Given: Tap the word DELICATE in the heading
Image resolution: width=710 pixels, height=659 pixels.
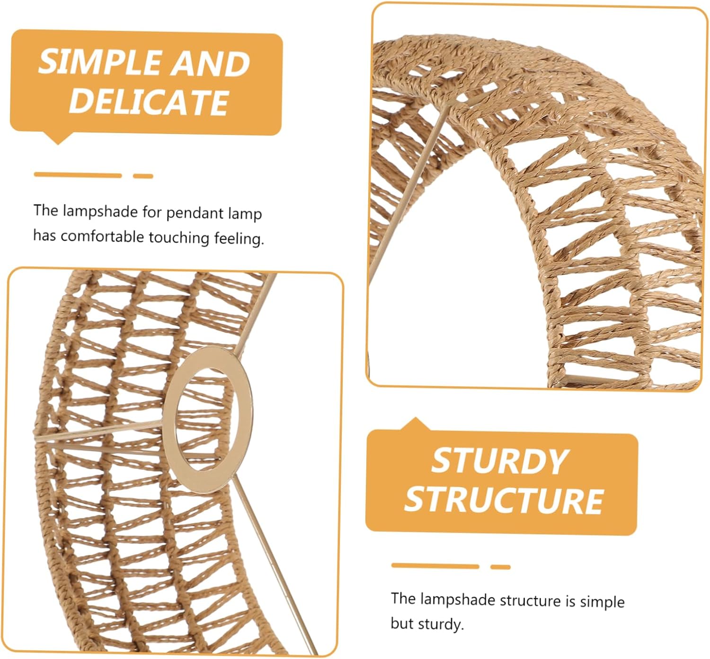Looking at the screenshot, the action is pyautogui.click(x=149, y=101).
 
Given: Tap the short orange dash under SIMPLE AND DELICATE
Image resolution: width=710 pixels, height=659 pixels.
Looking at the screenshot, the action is pyautogui.click(x=143, y=176).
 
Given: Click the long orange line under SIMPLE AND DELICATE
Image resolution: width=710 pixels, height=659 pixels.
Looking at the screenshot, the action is pyautogui.click(x=78, y=175).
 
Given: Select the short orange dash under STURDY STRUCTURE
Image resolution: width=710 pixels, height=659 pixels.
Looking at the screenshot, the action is pyautogui.click(x=500, y=567).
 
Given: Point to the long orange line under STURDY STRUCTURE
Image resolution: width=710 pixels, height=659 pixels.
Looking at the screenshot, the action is pyautogui.click(x=435, y=566).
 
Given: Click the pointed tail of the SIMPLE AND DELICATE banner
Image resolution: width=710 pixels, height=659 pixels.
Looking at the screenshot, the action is pyautogui.click(x=58, y=139).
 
